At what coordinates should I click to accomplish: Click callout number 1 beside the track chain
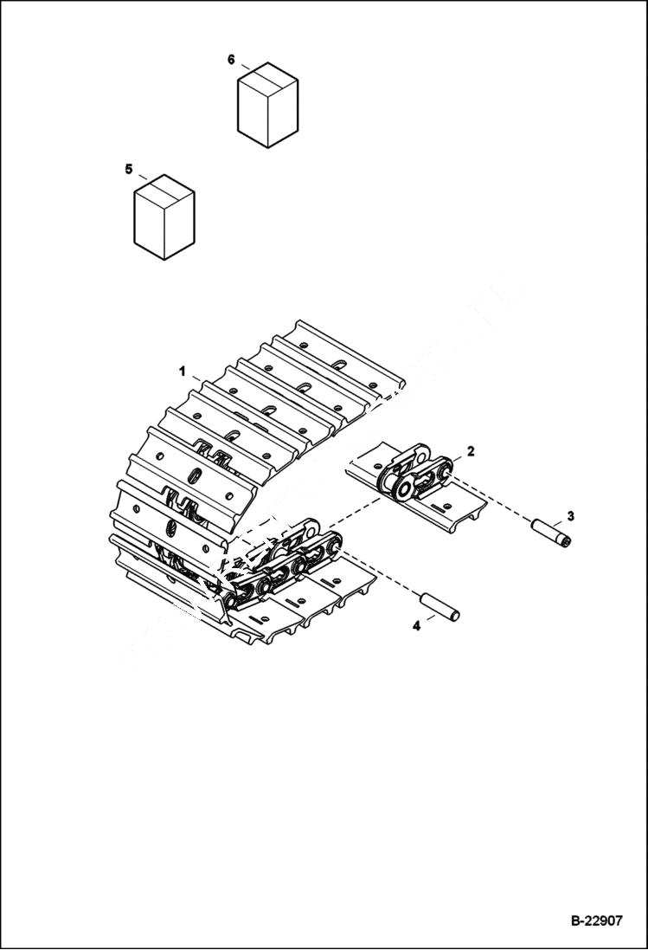(183, 371)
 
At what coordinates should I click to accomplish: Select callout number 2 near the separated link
(470, 451)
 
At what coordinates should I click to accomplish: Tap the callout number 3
(569, 516)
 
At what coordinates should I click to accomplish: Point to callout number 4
(416, 625)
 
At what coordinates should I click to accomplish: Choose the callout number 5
(129, 169)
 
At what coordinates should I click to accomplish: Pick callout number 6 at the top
(231, 59)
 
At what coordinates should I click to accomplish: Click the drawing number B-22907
(595, 921)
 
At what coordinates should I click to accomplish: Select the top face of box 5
(164, 189)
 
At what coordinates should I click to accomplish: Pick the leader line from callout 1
(197, 379)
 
